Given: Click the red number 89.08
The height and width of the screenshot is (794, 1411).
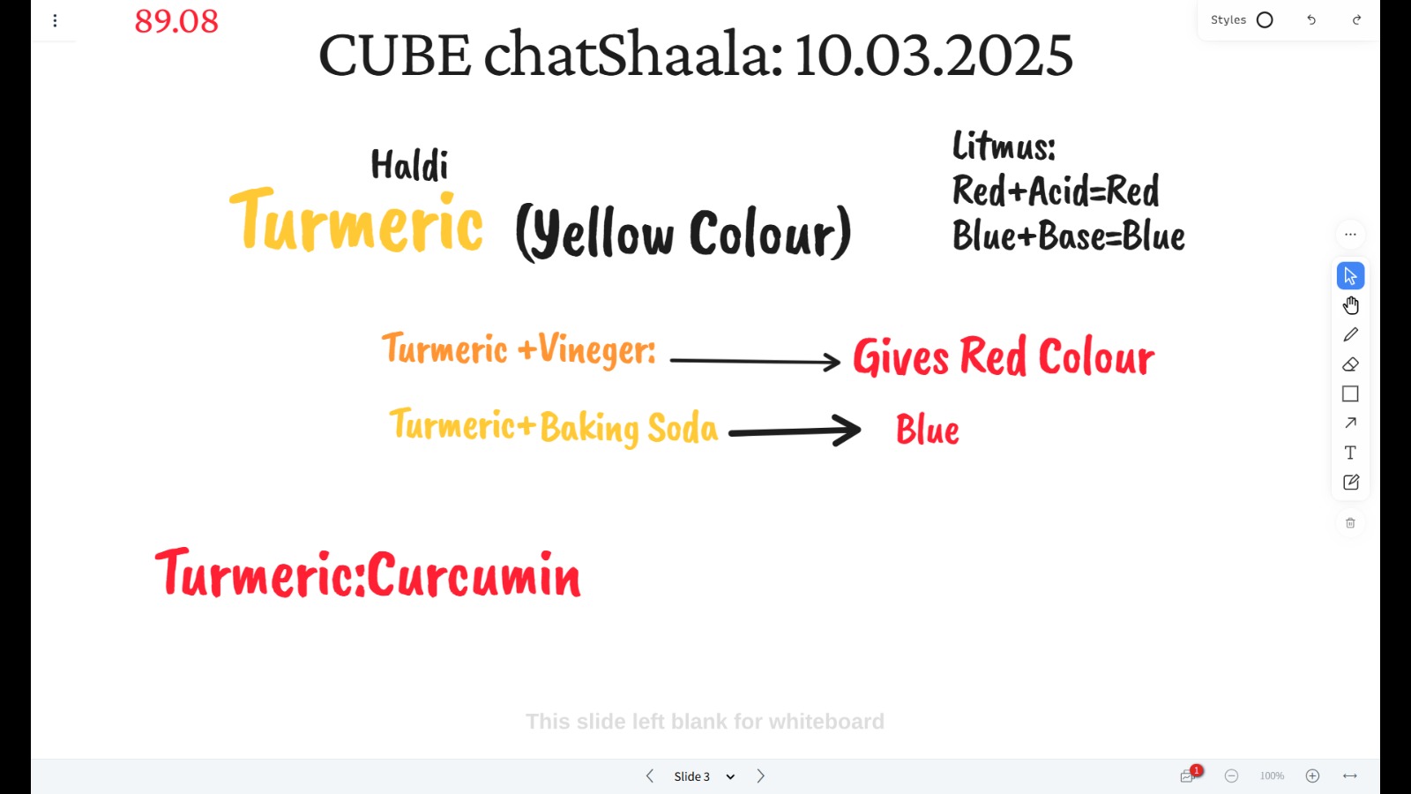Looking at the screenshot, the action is tap(176, 21).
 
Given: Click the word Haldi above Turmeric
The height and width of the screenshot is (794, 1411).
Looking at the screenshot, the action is tap(409, 165).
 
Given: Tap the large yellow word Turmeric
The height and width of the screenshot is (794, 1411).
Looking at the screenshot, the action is tap(356, 221).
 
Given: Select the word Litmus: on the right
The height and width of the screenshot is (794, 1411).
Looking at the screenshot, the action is tap(1004, 146).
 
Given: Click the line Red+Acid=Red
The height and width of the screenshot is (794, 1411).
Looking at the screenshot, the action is tap(1055, 191).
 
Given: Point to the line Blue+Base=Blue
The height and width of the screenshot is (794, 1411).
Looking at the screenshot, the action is tap(1068, 236).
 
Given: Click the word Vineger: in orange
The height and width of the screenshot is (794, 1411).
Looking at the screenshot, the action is tap(596, 349).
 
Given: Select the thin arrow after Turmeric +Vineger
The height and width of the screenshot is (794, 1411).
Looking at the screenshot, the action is tap(755, 361).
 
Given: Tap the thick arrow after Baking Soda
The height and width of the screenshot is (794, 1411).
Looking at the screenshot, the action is tap(795, 431).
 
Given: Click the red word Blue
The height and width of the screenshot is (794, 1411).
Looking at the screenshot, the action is tap(927, 430).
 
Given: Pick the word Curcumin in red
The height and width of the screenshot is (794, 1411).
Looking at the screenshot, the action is tap(474, 574).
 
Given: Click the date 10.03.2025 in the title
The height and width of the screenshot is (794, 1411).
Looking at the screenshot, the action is tap(934, 55).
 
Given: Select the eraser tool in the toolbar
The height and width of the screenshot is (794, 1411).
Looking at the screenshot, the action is tap(1350, 364).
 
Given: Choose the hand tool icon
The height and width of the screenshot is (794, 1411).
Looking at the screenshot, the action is tap(1350, 305).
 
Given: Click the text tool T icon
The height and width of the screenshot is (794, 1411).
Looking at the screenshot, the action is tap(1350, 453).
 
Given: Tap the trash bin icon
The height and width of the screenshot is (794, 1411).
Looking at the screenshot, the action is tap(1350, 523).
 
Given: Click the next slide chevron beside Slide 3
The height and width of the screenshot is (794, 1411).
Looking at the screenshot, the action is tap(761, 775).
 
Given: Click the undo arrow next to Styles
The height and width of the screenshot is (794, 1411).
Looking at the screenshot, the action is tap(1311, 20).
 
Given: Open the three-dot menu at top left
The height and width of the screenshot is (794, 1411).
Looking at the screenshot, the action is tap(55, 21).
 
